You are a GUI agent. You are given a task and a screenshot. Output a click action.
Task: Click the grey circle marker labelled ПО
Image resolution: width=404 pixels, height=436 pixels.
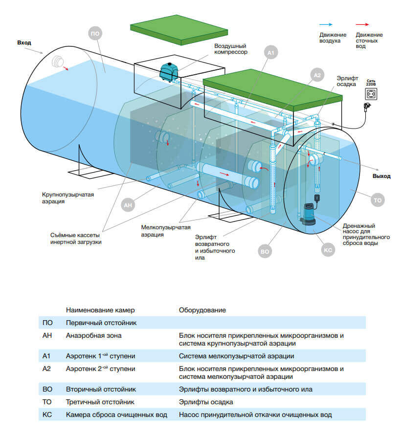(95, 34)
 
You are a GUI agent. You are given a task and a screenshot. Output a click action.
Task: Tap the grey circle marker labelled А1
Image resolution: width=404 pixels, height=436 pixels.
(271, 53)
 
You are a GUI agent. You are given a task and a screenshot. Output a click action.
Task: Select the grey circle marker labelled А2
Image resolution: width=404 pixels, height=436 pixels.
(317, 75)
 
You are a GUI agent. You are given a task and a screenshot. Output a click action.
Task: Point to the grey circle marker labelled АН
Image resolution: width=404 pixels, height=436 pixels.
(128, 205)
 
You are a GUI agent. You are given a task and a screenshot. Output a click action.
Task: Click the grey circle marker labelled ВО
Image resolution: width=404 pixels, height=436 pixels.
(265, 251)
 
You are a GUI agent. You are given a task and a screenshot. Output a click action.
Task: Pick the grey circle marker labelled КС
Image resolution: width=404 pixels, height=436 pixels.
(328, 250)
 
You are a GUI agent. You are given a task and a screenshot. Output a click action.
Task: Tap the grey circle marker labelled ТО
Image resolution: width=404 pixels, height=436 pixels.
(378, 200)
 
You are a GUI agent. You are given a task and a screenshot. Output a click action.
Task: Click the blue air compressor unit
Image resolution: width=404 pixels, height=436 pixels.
(169, 72)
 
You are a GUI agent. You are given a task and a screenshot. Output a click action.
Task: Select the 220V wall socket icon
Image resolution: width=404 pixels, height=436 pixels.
(371, 94)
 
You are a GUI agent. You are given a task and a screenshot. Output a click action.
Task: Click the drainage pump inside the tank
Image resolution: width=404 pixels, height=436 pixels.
(308, 214)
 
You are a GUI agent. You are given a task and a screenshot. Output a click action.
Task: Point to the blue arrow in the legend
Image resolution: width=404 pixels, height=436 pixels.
(326, 24)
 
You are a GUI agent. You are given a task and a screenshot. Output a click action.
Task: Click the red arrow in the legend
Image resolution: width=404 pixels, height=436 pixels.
(362, 24)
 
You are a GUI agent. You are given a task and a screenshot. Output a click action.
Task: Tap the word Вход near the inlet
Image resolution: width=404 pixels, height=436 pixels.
(24, 43)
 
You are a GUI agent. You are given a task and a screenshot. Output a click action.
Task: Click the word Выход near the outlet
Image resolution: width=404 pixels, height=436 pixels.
(382, 176)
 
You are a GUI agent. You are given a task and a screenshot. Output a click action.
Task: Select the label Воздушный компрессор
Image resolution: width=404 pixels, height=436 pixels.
(231, 49)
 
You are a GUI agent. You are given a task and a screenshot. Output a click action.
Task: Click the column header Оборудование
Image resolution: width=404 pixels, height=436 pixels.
(202, 310)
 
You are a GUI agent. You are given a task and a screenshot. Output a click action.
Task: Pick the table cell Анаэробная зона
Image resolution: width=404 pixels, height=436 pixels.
(94, 336)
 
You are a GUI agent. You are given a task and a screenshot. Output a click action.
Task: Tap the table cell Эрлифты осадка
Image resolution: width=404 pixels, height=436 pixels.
(206, 402)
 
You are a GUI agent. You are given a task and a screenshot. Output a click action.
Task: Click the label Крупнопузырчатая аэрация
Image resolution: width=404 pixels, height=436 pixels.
(68, 198)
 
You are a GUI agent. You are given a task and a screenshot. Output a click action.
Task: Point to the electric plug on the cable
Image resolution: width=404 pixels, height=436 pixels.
(367, 106)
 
